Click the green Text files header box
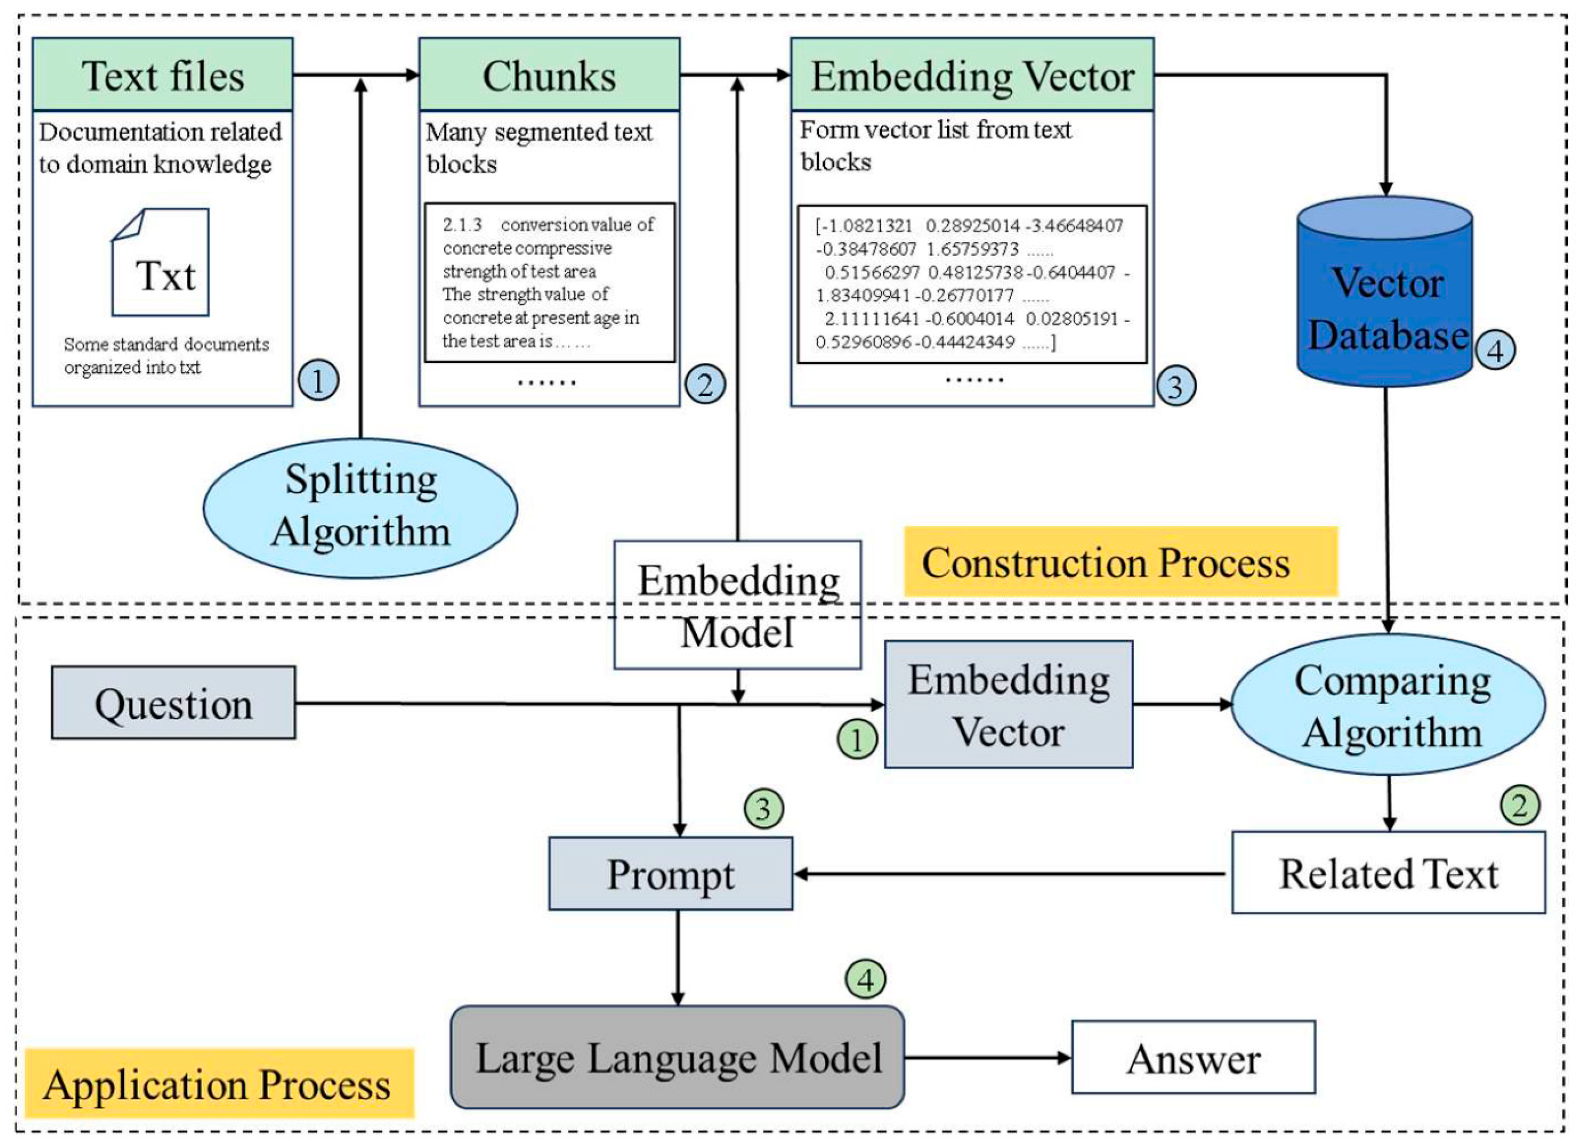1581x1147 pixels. [x=162, y=75]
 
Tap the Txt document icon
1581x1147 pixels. [x=161, y=262]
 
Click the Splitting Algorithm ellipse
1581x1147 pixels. [x=360, y=507]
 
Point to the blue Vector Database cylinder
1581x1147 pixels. [x=1385, y=293]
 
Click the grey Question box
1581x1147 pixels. [x=174, y=703]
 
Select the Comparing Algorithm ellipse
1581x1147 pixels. [x=1389, y=704]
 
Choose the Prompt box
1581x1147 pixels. [x=671, y=874]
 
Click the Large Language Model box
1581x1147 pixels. [x=678, y=1057]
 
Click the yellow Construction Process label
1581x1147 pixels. [x=1120, y=562]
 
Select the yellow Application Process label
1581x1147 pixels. [x=219, y=1084]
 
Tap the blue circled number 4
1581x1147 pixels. [x=1495, y=350]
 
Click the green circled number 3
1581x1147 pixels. [x=764, y=809]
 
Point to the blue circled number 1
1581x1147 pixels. [x=319, y=381]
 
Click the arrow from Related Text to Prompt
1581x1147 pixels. [x=1011, y=874]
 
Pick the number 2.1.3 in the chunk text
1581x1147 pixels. [x=462, y=225]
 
